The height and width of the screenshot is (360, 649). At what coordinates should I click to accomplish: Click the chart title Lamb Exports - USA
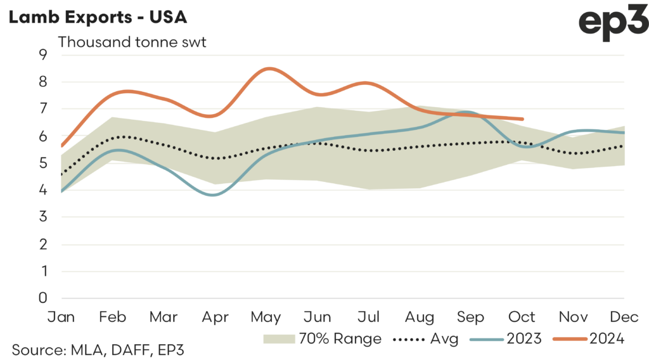coord(97,17)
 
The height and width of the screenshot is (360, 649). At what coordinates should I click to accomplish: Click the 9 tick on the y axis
coord(43,55)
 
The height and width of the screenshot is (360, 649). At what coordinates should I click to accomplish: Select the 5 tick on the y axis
coord(43,163)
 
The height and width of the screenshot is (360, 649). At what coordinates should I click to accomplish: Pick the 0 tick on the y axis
coord(43,298)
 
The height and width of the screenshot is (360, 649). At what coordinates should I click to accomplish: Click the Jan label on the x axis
coord(61,316)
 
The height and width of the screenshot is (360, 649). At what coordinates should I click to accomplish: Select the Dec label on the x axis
coord(624,316)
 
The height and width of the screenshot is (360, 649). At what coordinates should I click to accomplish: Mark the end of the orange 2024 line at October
coord(522,119)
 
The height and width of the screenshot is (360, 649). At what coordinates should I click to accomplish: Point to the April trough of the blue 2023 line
coord(214,195)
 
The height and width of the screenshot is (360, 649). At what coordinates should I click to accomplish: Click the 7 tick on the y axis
coord(43,109)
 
